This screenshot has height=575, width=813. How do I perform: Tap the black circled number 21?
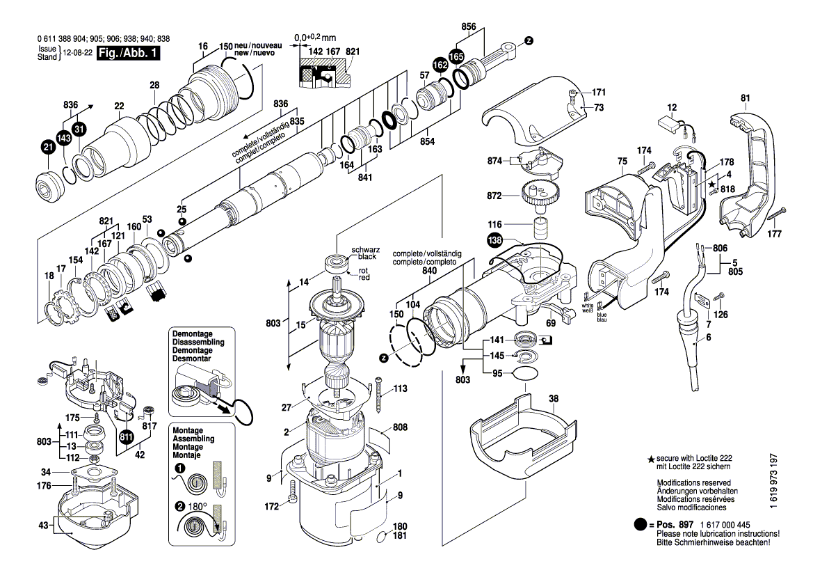tap(47, 148)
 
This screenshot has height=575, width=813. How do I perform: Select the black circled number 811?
tap(127, 437)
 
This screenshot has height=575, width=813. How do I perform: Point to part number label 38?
tap(554, 400)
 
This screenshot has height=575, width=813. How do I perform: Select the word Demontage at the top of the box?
tap(193, 334)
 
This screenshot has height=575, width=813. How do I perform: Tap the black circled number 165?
tap(456, 56)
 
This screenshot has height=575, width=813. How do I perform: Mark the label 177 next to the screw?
tap(773, 235)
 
